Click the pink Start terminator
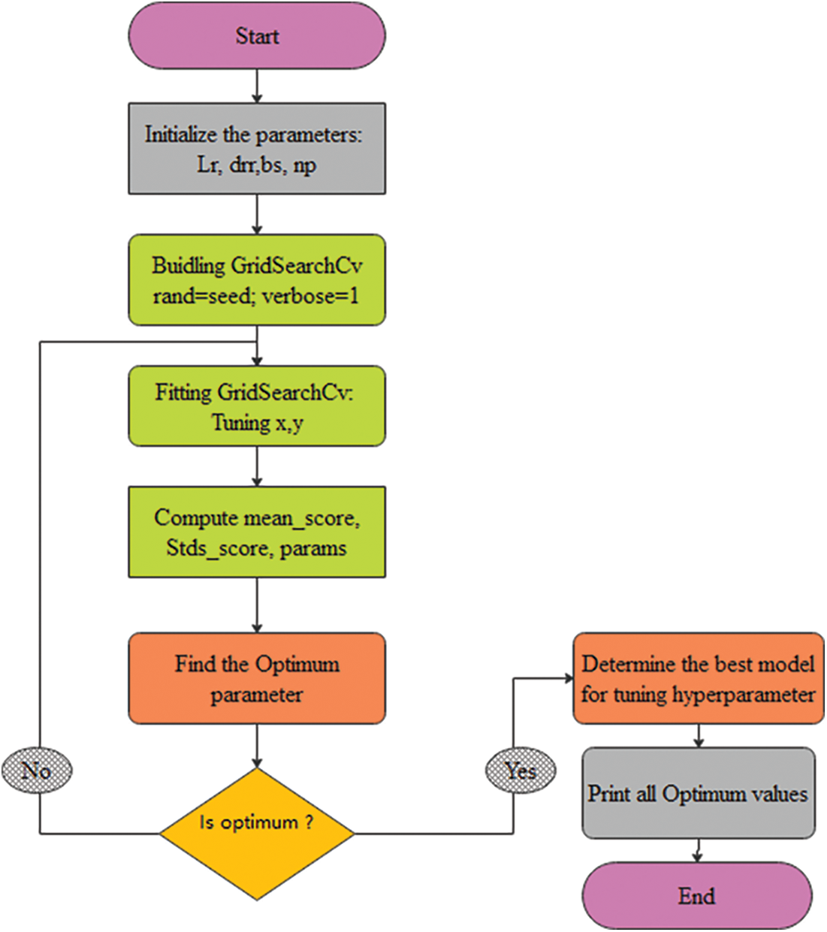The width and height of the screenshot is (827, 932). pos(257,36)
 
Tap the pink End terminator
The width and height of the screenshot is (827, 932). pos(696,895)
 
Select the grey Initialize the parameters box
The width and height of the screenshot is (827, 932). pos(257,149)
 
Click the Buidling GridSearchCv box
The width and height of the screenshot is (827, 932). pos(257,280)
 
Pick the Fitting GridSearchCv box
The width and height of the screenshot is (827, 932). pos(257,406)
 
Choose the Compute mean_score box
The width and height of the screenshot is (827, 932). pos(257,532)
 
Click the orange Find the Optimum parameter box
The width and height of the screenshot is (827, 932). pos(257,678)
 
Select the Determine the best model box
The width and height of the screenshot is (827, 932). pos(698,678)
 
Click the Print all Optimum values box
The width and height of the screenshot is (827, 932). pos(698,793)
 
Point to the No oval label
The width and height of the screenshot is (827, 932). pos(37,770)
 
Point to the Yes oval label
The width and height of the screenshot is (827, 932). pos(521,770)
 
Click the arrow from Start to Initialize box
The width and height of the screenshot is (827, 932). pos(257,86)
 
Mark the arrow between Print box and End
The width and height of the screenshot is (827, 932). pos(698,850)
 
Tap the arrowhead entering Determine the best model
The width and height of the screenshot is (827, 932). pos(568,678)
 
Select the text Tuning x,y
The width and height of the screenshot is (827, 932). pos(257,423)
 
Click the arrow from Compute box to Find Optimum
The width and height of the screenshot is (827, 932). pos(257,605)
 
